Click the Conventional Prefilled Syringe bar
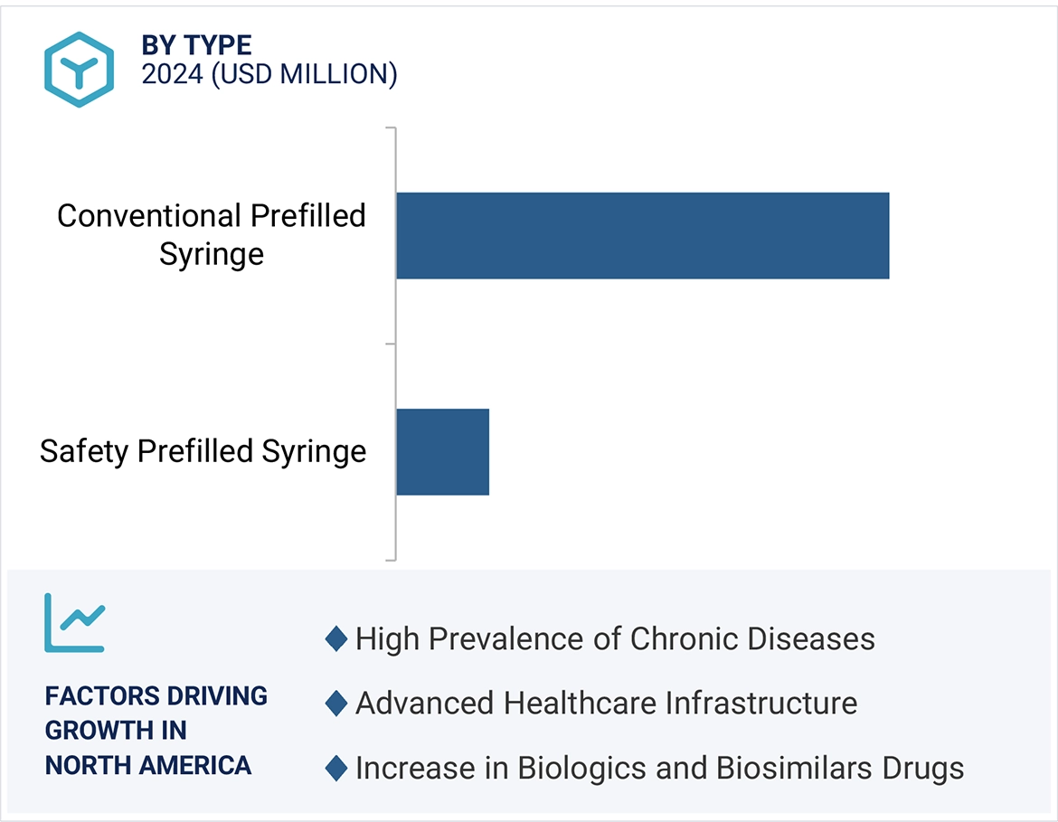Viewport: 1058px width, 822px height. (x=642, y=235)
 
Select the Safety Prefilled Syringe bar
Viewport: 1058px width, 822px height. (x=442, y=451)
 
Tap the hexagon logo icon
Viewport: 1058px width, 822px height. (x=79, y=70)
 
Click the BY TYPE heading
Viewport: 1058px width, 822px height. (x=196, y=45)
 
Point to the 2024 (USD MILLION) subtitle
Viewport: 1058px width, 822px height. (x=269, y=74)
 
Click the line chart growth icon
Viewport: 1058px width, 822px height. (x=75, y=622)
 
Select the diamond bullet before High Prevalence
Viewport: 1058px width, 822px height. (x=336, y=639)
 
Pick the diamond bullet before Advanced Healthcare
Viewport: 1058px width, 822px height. (x=336, y=704)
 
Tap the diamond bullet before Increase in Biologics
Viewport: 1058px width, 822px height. (x=336, y=769)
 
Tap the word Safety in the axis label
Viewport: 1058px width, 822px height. (x=84, y=451)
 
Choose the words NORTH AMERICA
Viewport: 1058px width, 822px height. (x=148, y=765)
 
